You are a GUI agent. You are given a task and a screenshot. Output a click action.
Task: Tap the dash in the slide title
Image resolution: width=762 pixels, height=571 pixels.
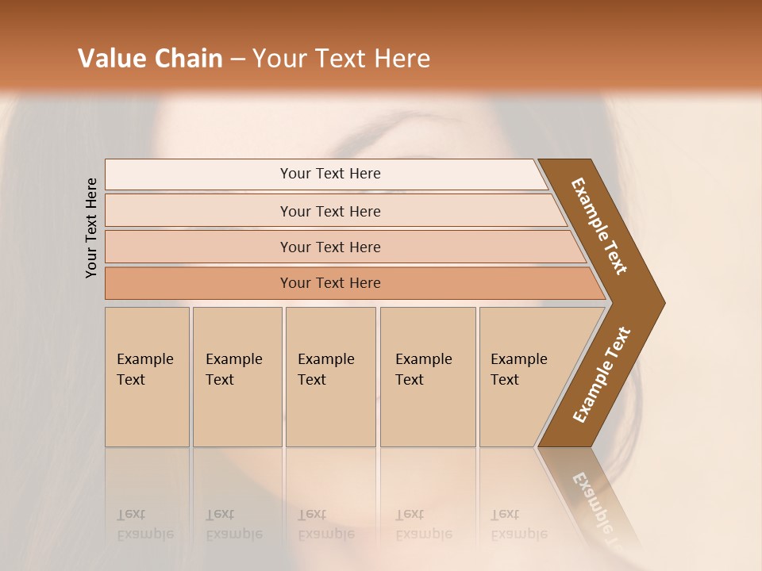pos(237,59)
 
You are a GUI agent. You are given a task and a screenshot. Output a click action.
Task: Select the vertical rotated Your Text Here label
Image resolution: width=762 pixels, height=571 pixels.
pos(92,228)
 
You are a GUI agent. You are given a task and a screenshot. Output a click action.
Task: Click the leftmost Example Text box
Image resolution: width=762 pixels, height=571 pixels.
pos(147,377)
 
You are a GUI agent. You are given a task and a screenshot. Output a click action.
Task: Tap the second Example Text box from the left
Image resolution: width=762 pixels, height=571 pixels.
pos(237,377)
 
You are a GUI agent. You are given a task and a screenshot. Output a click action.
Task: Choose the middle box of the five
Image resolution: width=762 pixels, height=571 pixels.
pos(330,377)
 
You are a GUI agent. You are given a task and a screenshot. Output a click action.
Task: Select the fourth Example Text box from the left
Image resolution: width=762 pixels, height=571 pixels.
pos(427,377)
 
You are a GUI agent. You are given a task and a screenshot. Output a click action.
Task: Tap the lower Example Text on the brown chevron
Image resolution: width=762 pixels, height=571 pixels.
pos(601,375)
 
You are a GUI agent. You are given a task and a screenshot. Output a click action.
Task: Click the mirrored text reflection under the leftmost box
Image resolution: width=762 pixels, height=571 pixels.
pos(144,524)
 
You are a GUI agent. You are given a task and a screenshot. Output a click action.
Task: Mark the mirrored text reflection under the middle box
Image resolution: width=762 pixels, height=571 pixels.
pos(325,524)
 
